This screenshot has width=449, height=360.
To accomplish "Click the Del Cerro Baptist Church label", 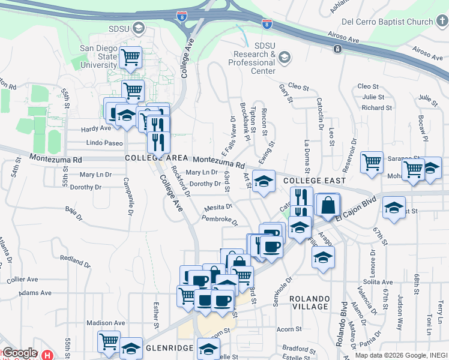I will point(387,22).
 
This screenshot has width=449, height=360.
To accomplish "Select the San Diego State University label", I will point(99,56).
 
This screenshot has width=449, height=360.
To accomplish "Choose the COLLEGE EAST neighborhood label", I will point(315,181).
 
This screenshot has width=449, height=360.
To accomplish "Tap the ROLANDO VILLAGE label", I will point(310,302).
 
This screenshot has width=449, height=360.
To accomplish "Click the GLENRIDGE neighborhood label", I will point(169,347).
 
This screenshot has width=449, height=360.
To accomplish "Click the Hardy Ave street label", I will point(97,128).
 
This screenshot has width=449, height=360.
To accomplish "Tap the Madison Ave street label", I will point(105,323).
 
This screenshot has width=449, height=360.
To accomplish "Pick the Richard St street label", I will point(376,108).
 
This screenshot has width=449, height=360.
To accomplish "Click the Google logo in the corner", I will point(20,353).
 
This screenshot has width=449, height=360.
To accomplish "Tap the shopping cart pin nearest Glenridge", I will point(109,342).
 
